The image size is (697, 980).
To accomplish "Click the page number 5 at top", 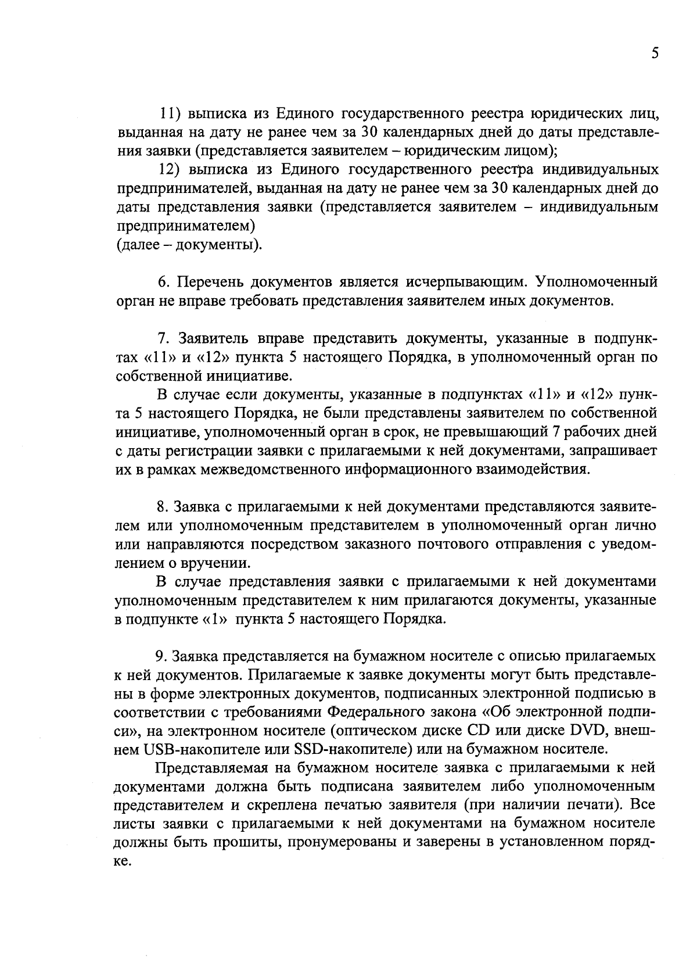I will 655,53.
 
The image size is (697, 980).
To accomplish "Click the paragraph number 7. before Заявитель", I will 163,338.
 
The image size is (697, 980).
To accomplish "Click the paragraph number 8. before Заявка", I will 163,507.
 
